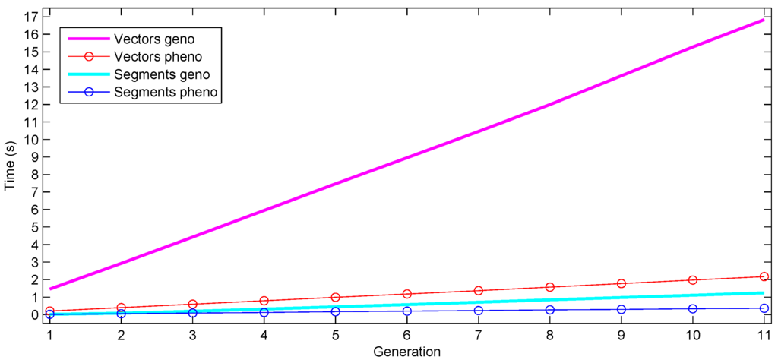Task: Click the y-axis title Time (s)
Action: (x=10, y=165)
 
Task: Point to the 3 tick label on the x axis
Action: (x=192, y=334)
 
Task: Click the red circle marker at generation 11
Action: (x=764, y=276)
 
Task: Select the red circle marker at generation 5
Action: (x=335, y=297)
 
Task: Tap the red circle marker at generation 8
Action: (x=549, y=287)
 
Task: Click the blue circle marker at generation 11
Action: (x=764, y=308)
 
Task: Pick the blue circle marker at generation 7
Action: (x=478, y=311)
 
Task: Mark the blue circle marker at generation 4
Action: (x=264, y=312)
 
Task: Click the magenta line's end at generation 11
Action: (x=763, y=20)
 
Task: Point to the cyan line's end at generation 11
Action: (x=763, y=292)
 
